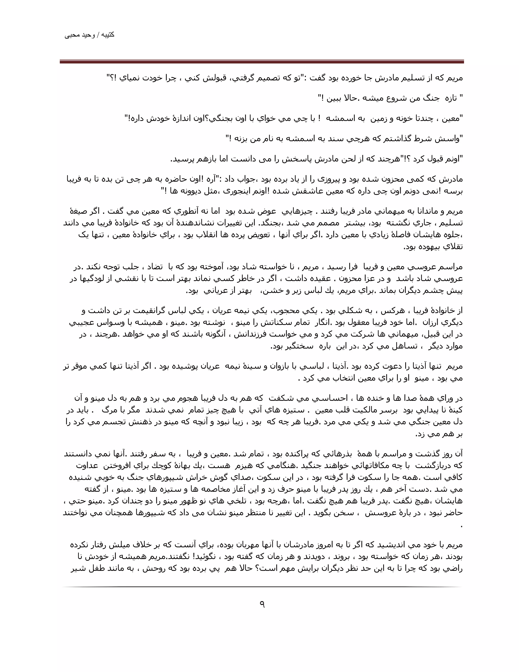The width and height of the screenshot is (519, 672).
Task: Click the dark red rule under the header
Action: [262, 62]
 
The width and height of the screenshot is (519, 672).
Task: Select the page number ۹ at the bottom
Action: [262, 604]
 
